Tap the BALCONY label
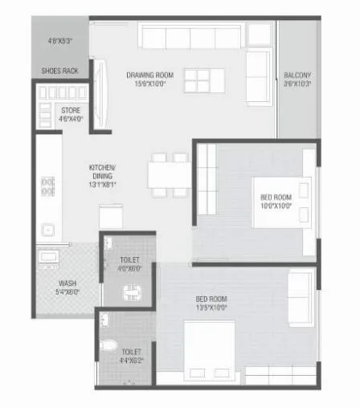pyautogui.click(x=297, y=75)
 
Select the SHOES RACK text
pyautogui.click(x=59, y=71)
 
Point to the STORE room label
pyautogui.click(x=70, y=110)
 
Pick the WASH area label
pyautogui.click(x=67, y=283)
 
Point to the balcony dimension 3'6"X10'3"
pyautogui.click(x=297, y=84)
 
